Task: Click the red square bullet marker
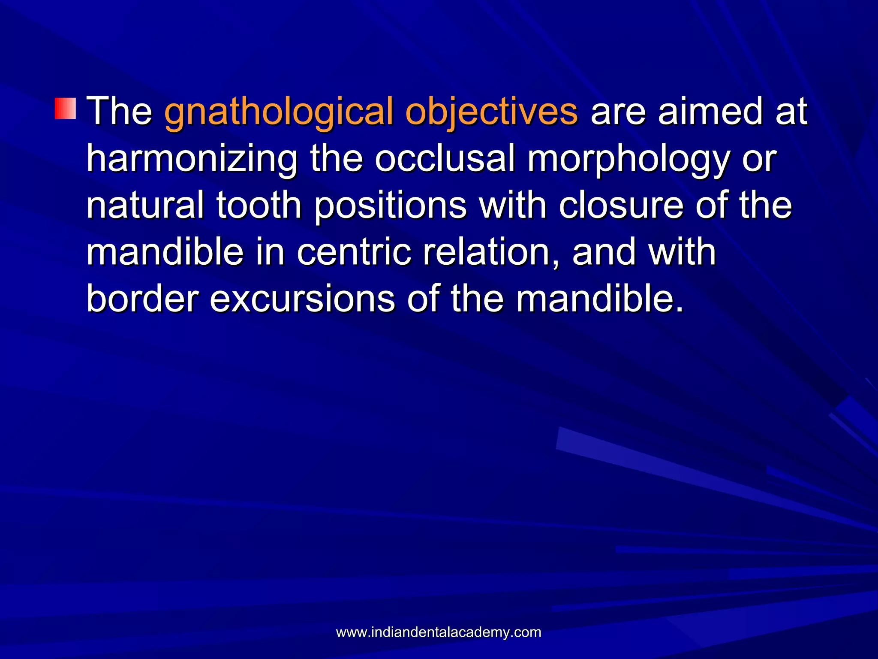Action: tap(65, 108)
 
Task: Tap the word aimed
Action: tap(710, 112)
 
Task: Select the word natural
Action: tap(145, 205)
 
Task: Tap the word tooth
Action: tap(259, 205)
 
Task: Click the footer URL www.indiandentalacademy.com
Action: tap(439, 632)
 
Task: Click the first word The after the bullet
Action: tap(120, 112)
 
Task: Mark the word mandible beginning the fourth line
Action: tap(165, 252)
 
